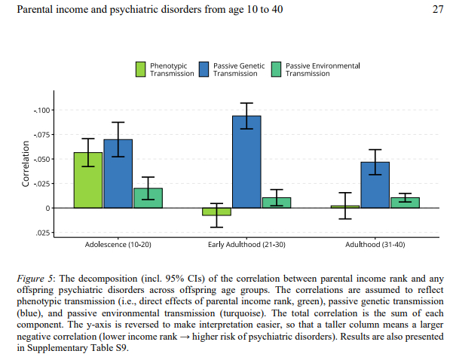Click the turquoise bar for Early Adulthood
276,203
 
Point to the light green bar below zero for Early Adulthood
216,212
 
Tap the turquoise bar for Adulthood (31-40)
405,203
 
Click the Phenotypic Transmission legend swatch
141,69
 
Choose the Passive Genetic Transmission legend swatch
204,69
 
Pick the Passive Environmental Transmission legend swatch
276,69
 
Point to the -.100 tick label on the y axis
41,111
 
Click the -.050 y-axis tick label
41,160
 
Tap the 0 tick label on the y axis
48,208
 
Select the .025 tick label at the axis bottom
43,232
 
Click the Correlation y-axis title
26,166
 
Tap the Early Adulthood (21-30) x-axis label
246,246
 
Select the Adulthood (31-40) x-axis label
375,246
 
